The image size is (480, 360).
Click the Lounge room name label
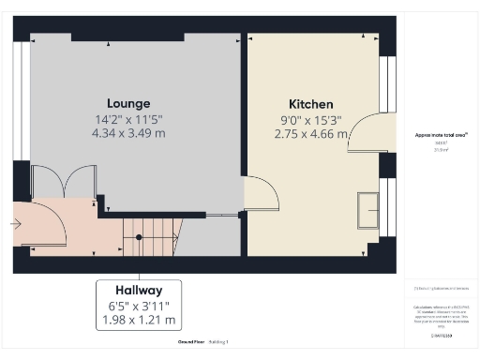pyautogui.click(x=128, y=102)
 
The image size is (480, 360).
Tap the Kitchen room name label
pyautogui.click(x=310, y=103)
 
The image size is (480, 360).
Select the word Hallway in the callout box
pyautogui.click(x=139, y=291)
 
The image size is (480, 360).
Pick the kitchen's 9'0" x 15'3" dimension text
pyautogui.click(x=310, y=119)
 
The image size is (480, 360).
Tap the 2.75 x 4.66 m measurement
pyautogui.click(x=311, y=135)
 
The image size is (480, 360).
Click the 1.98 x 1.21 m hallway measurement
pyautogui.click(x=139, y=321)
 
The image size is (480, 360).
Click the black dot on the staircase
pyautogui.click(x=139, y=237)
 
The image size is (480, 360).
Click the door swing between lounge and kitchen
pyautogui.click(x=262, y=195)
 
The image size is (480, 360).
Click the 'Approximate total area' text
pyautogui.click(x=434, y=135)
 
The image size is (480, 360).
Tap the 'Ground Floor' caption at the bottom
pyautogui.click(x=182, y=342)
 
